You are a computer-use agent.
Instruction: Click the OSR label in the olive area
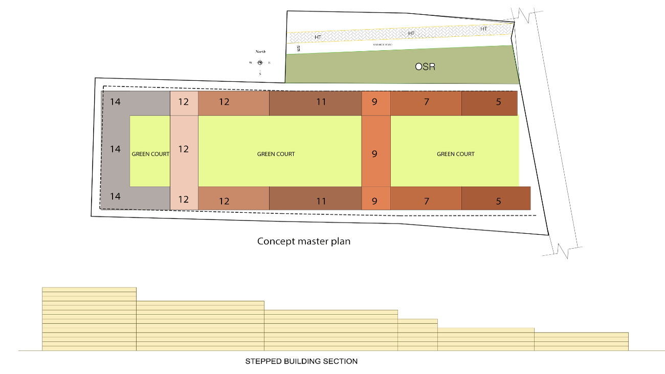click(425, 67)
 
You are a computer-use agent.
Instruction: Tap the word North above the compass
click(260, 52)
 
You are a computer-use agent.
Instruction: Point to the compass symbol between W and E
click(260, 62)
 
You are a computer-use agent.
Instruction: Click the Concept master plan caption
click(303, 241)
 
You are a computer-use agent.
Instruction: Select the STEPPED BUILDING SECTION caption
click(301, 361)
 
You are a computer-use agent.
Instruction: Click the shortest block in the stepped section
click(581, 341)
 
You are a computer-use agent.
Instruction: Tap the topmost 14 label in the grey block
click(116, 102)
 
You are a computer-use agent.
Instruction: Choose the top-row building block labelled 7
click(426, 102)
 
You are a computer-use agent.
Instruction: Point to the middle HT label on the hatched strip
click(411, 34)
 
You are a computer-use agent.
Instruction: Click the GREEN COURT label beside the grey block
click(150, 154)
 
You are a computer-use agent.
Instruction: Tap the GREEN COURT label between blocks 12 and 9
click(276, 154)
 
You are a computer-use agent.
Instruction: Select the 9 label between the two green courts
click(374, 153)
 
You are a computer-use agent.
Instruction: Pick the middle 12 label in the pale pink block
click(184, 149)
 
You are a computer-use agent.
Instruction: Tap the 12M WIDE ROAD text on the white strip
click(383, 46)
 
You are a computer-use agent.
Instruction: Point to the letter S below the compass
click(260, 74)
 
